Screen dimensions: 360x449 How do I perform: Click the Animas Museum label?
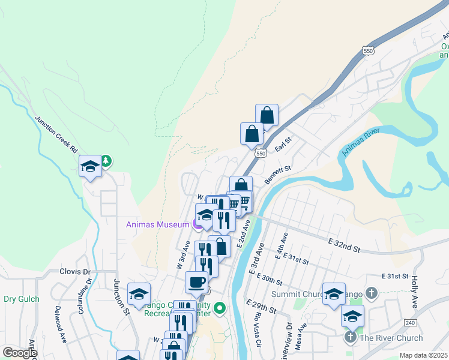tap(158, 225)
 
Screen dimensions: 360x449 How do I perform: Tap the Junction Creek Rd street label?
tap(56, 133)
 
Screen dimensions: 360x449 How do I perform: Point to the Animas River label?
tap(362, 142)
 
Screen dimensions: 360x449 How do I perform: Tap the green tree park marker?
tap(106, 161)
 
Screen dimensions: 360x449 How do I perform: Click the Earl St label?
tap(283, 143)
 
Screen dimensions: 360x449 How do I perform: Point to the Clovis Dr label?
tap(74, 271)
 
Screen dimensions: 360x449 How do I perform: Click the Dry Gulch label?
tap(22, 299)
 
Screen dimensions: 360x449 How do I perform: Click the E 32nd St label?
tap(344, 243)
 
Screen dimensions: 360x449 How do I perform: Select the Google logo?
tap(19, 353)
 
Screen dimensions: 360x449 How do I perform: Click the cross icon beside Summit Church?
tap(372, 294)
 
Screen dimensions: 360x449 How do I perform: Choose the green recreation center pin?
tap(220, 308)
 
